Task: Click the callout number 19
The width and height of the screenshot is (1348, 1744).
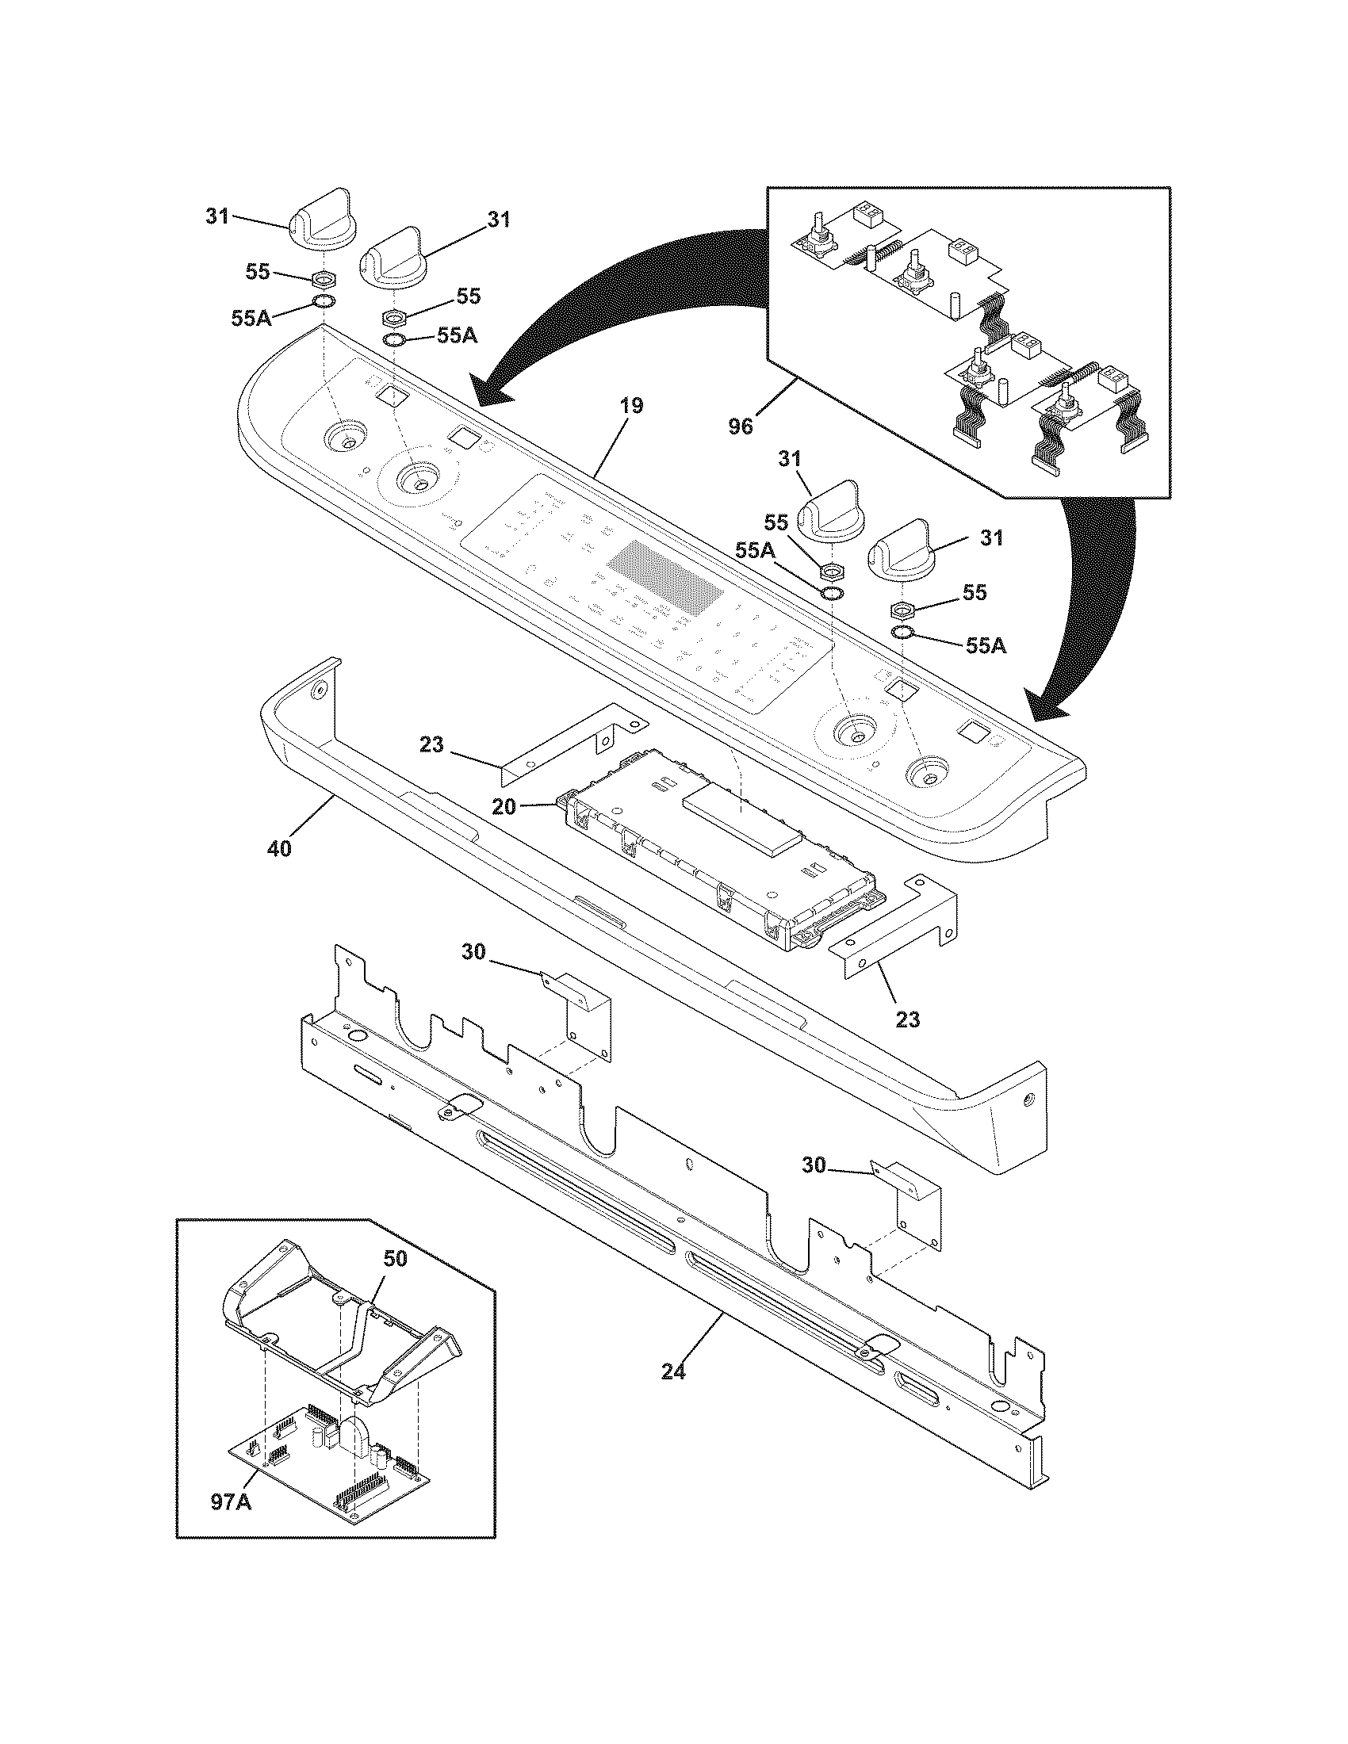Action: coord(630,406)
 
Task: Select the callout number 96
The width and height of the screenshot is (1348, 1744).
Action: coord(741,426)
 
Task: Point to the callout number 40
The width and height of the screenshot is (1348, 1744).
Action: coord(278,848)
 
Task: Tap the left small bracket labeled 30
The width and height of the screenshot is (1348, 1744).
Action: coord(587,1010)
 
